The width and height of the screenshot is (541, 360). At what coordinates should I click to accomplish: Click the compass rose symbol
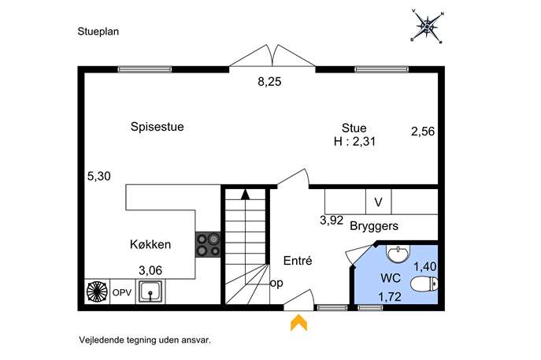coord(427,27)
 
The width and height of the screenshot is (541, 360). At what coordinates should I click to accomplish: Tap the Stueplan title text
coord(98,32)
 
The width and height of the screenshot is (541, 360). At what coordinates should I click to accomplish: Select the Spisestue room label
coord(157,127)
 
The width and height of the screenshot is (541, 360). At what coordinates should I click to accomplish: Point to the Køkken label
coord(150,244)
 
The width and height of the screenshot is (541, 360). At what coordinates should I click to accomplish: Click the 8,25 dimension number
coord(269,82)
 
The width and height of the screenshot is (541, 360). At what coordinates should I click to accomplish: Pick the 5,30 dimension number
coord(99,176)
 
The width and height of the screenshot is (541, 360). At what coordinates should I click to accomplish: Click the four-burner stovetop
coord(208,244)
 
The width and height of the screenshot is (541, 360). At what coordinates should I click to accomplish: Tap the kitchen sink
coord(150,291)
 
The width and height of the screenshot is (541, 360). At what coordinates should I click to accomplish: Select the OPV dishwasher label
coord(122,293)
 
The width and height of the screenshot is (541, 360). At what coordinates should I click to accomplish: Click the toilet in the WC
coord(424,284)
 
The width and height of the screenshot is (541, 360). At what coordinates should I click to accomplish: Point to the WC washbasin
coord(398,254)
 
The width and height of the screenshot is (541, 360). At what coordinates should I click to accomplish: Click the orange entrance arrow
coord(298,322)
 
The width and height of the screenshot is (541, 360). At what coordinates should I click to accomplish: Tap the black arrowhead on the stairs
coord(246,195)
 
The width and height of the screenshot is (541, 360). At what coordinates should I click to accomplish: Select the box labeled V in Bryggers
coord(379,202)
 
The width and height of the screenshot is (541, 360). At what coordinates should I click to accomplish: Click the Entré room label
coord(298,261)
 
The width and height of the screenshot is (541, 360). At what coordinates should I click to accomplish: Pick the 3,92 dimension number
coord(332,221)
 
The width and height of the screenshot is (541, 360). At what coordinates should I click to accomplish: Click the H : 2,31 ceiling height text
coord(354,142)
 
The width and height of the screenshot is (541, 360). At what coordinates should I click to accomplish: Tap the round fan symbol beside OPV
coord(97,291)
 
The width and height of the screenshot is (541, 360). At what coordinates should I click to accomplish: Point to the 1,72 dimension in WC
coord(390,297)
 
